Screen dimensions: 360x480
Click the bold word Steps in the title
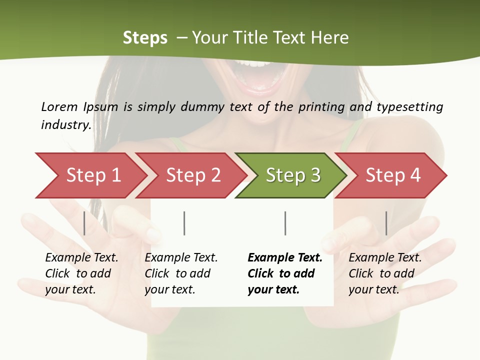(145, 38)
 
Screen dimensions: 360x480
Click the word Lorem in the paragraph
(59, 106)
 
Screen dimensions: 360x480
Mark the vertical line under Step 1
(84, 223)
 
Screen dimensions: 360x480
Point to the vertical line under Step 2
(184, 223)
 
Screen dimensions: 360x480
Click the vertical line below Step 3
(285, 223)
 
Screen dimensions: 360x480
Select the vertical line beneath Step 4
(386, 223)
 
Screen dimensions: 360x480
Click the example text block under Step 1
(81, 273)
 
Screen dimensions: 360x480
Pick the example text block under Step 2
(181, 273)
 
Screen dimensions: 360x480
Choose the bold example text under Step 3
(285, 273)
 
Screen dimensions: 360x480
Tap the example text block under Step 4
(385, 273)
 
